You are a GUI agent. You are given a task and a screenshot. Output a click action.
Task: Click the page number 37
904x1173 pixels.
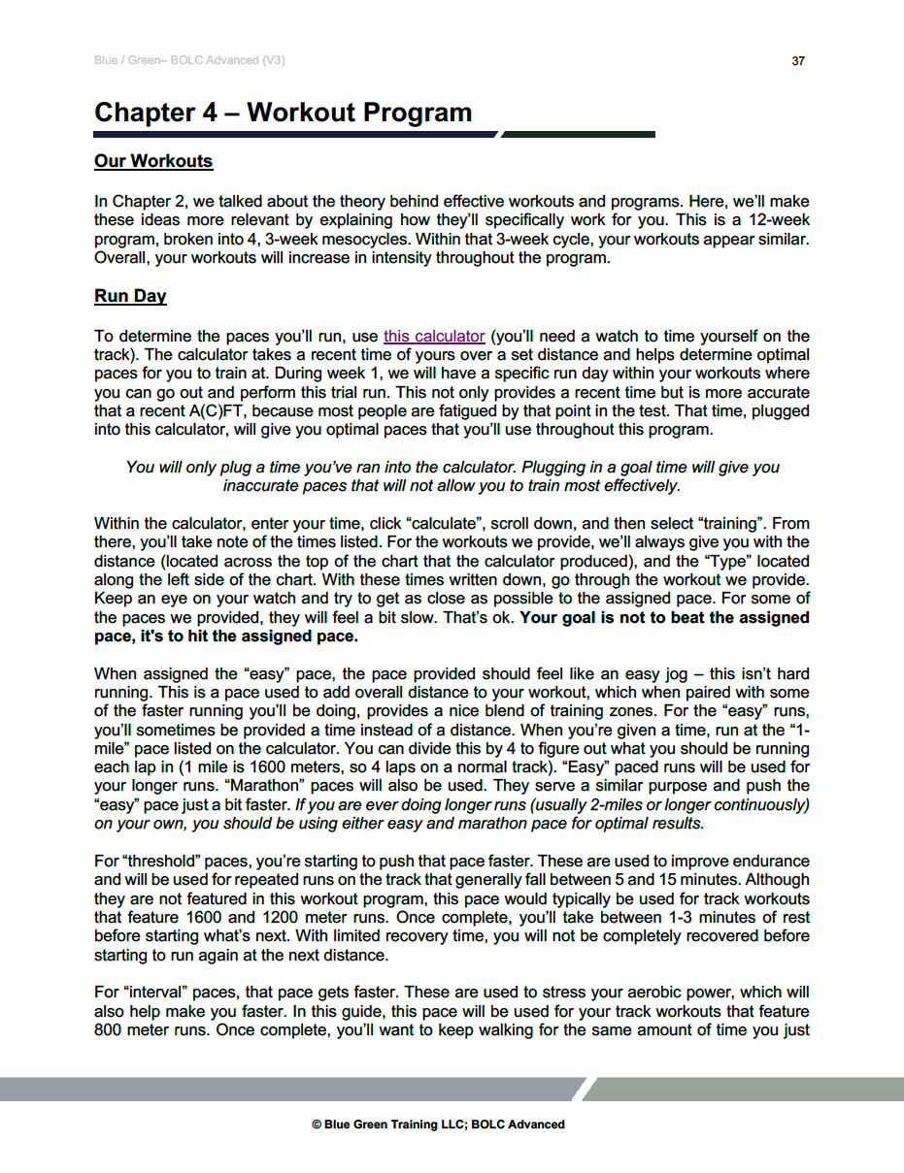[798, 61]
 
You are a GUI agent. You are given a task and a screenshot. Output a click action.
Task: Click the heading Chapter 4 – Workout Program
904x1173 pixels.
[283, 113]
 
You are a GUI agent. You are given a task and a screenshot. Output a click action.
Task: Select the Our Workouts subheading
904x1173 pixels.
[153, 161]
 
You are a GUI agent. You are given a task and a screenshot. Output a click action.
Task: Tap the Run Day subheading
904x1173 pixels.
[130, 296]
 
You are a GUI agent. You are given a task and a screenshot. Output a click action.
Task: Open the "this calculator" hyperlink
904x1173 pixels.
[434, 337]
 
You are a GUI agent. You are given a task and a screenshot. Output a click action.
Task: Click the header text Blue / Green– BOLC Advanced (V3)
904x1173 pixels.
[189, 61]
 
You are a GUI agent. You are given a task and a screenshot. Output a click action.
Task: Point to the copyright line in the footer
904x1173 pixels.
[438, 1124]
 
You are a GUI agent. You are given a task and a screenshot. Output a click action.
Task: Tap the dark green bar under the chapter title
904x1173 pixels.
[579, 134]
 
